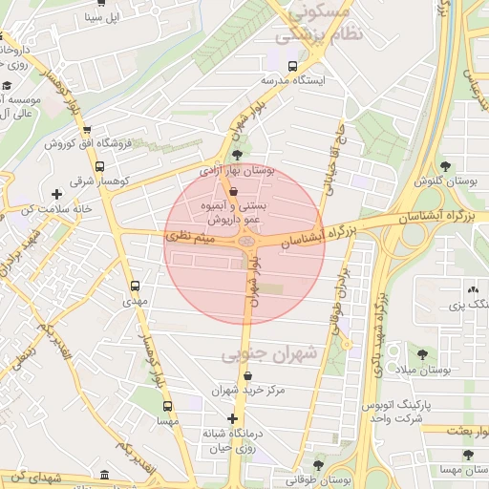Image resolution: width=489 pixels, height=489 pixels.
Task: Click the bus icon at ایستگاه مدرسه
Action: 292,66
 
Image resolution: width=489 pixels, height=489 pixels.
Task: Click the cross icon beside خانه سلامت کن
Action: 57,194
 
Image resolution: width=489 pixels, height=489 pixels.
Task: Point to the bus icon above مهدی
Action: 135,285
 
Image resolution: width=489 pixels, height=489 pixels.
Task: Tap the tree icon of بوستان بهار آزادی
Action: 237,155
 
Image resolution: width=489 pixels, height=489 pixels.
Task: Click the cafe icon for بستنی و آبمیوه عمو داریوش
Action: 235,191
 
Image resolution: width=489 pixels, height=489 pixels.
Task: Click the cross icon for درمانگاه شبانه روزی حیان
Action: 232,418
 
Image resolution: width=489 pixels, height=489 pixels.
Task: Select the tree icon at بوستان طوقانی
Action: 318,465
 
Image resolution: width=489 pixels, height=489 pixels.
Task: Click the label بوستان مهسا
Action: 458,470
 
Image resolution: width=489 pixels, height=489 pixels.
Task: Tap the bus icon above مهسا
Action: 169,405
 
